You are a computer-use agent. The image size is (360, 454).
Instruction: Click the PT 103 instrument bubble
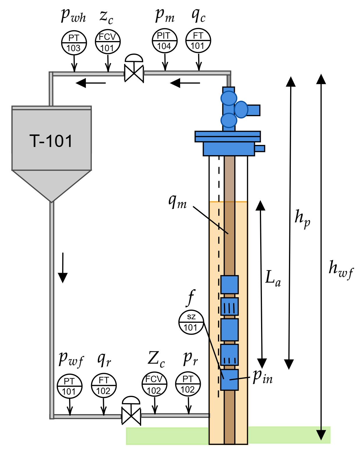click(74, 43)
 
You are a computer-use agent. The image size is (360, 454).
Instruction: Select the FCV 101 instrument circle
click(107, 42)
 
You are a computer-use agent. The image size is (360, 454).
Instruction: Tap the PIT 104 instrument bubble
click(164, 41)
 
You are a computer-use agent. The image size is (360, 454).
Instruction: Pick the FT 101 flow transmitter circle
click(198, 40)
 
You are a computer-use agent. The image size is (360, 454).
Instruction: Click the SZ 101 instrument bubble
click(191, 322)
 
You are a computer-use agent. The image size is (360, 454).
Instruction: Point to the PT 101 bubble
click(69, 386)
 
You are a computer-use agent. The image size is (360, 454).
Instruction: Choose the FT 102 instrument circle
click(104, 385)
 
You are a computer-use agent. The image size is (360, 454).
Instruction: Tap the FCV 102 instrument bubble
click(154, 384)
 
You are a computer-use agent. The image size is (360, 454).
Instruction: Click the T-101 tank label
click(51, 141)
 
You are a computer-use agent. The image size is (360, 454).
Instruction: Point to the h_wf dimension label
click(341, 269)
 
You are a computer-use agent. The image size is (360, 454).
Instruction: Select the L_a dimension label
click(273, 278)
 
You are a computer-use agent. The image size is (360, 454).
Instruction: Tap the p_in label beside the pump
click(263, 377)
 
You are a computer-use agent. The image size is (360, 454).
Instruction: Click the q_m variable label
click(177, 201)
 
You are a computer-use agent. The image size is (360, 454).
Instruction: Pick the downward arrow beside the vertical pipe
click(63, 268)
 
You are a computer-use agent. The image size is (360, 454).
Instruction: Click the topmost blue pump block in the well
click(229, 285)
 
